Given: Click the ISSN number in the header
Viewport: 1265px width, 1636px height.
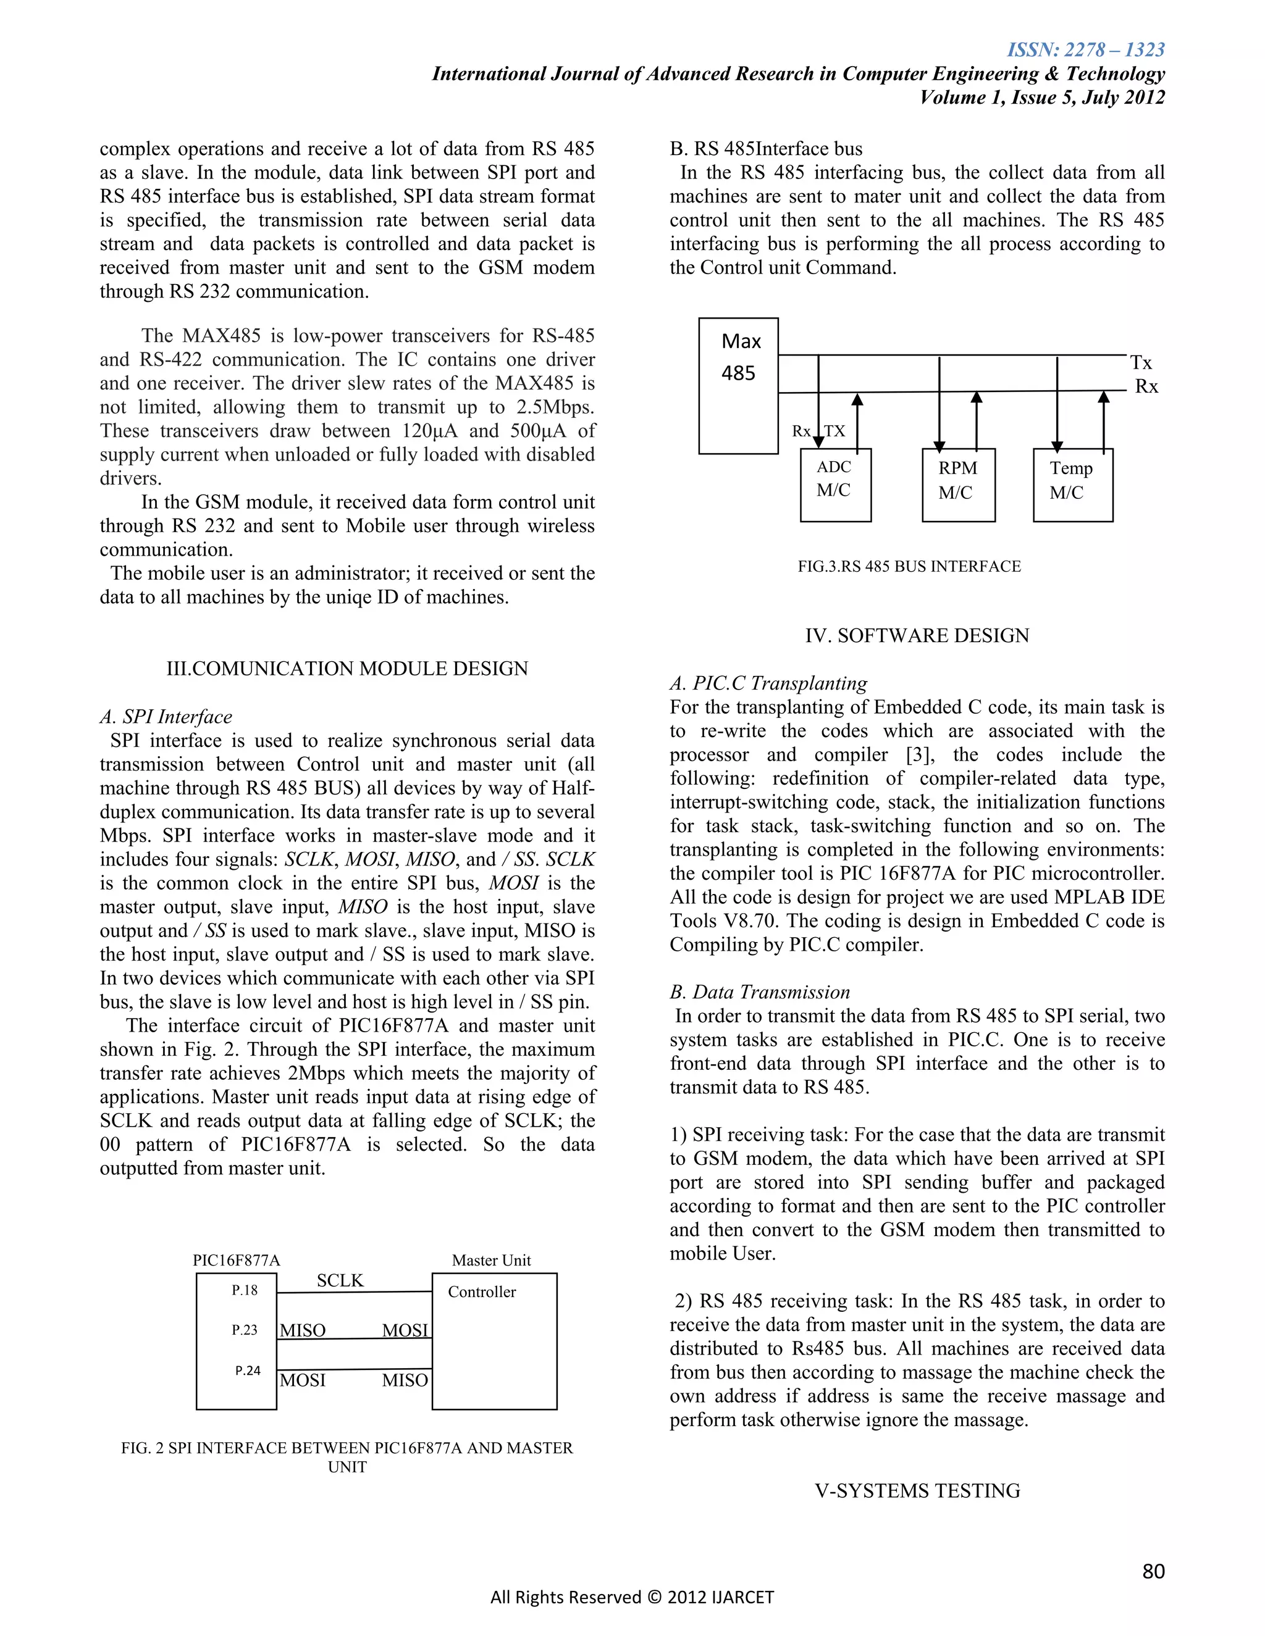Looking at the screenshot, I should pyautogui.click(x=1085, y=50).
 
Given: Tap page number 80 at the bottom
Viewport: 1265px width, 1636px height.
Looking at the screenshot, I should pyautogui.click(x=1153, y=1571).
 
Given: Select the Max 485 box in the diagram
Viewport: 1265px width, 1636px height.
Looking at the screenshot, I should pyautogui.click(x=738, y=386).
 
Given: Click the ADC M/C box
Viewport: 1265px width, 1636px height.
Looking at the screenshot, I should pyautogui.click(x=835, y=484).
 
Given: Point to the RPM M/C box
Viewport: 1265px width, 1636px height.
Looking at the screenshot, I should pyautogui.click(x=958, y=485).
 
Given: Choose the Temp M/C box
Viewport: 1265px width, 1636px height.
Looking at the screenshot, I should pyautogui.click(x=1072, y=485).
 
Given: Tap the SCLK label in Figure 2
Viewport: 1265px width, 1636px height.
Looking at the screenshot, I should pyautogui.click(x=340, y=1280).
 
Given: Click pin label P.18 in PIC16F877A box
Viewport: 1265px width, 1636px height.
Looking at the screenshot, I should pyautogui.click(x=245, y=1290).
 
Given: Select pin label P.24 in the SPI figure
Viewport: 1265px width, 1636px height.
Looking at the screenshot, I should pyautogui.click(x=247, y=1370).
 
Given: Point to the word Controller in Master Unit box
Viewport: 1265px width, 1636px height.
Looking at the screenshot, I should pyautogui.click(x=482, y=1292).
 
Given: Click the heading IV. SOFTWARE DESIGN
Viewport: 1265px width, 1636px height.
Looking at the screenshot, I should pyautogui.click(x=917, y=635).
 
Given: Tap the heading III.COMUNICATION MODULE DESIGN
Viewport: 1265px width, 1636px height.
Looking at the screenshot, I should pyautogui.click(x=347, y=668).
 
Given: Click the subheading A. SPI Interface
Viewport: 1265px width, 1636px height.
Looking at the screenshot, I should pyautogui.click(x=166, y=717).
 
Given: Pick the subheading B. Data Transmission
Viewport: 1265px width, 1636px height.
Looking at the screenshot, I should pyautogui.click(x=759, y=992).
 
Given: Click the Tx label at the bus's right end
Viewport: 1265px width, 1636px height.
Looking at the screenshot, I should pyautogui.click(x=1141, y=362).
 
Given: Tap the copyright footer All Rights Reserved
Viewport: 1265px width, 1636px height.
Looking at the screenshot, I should pyautogui.click(x=632, y=1597).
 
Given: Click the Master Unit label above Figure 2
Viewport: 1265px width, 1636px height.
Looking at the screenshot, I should pyautogui.click(x=491, y=1260).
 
